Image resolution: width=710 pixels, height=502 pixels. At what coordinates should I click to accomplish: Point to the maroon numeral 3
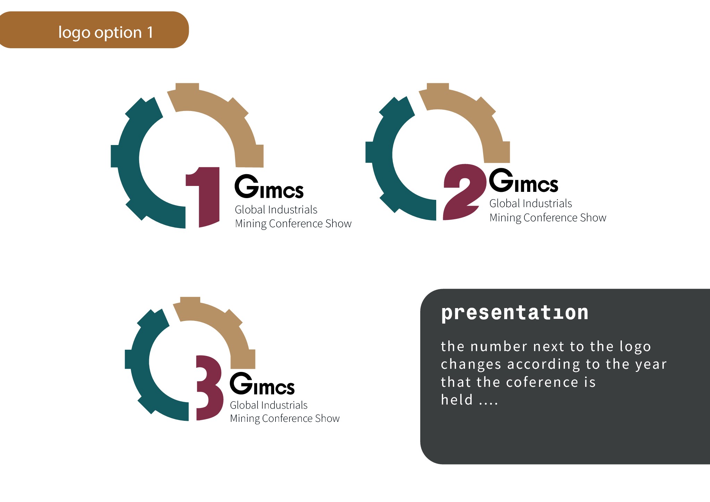pos(210,388)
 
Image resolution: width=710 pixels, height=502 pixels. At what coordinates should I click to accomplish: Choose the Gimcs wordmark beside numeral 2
pos(523,180)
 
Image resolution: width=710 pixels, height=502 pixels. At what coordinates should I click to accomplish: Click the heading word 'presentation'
pos(515,313)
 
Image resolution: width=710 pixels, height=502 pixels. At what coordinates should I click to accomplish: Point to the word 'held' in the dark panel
pos(457,399)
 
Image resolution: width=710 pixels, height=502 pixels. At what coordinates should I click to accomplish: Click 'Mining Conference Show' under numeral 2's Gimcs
pos(548,218)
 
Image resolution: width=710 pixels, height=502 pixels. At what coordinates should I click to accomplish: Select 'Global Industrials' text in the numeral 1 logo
pos(276,210)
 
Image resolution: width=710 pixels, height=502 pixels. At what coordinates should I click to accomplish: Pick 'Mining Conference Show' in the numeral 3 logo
pos(285,419)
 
